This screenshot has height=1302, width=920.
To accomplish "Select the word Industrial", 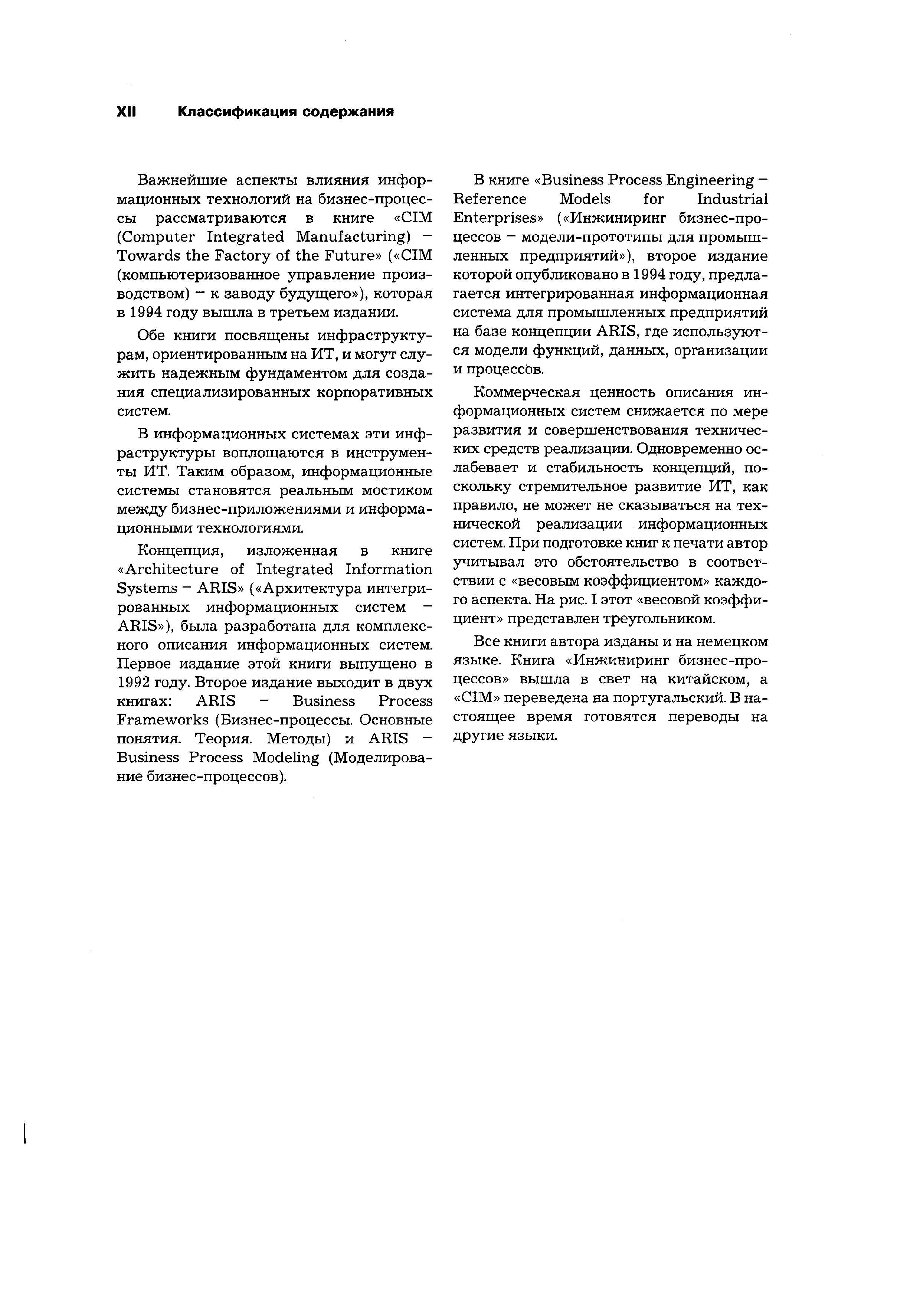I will pyautogui.click(x=732, y=199).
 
